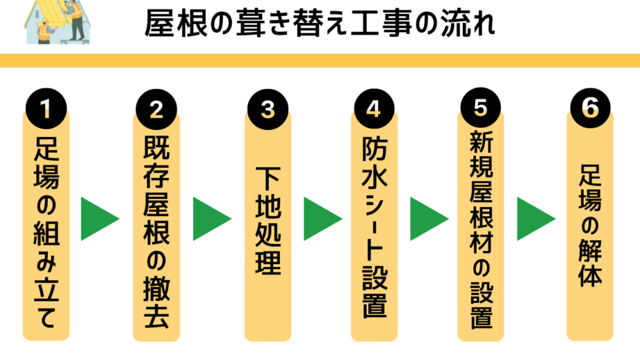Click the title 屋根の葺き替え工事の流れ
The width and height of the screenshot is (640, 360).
pos(320,25)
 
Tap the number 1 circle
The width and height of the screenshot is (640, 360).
pos(47,109)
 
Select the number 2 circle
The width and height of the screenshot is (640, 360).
pos(156,109)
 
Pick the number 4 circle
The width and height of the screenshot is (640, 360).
pos(374,109)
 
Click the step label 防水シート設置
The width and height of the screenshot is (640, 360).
pos(374,229)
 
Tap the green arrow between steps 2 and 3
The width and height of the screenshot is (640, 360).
pos(211,219)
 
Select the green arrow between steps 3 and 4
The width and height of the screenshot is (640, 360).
pos(322,219)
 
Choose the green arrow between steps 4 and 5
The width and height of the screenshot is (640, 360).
pos(428,219)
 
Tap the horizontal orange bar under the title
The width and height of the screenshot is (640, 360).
pos(320,60)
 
